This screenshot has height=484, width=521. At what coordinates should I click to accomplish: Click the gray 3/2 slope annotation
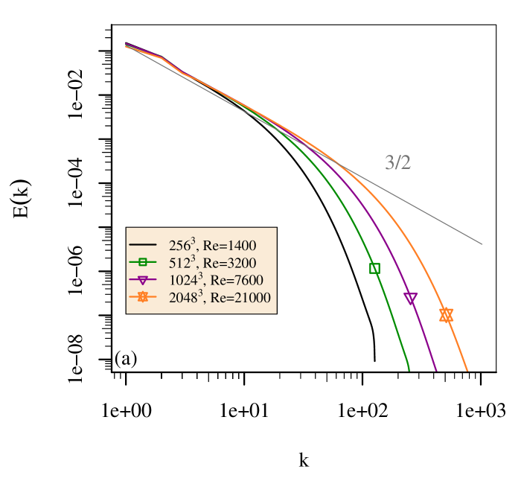pyautogui.click(x=397, y=163)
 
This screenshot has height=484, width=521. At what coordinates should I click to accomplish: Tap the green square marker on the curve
pyautogui.click(x=374, y=268)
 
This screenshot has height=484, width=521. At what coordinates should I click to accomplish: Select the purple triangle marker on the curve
pyautogui.click(x=410, y=298)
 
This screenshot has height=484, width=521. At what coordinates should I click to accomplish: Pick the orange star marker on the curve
pyautogui.click(x=446, y=315)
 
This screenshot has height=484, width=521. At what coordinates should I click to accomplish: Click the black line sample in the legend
pyautogui.click(x=142, y=245)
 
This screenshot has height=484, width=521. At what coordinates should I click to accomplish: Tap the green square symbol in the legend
pyautogui.click(x=142, y=262)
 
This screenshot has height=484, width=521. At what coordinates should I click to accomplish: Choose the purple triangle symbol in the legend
pyautogui.click(x=142, y=280)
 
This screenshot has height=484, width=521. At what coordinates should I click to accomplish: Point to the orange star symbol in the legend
pyautogui.click(x=142, y=297)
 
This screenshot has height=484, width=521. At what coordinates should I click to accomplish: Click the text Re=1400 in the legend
pyautogui.click(x=229, y=246)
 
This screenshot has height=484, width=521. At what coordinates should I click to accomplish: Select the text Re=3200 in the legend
pyautogui.click(x=229, y=263)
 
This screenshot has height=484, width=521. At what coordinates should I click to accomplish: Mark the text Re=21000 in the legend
pyautogui.click(x=240, y=298)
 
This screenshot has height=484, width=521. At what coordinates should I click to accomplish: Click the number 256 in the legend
pyautogui.click(x=179, y=246)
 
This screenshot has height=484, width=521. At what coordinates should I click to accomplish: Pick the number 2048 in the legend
pyautogui.click(x=182, y=298)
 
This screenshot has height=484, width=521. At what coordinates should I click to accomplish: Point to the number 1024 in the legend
pyautogui.click(x=182, y=281)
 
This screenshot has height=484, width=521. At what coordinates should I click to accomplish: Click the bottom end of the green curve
pyautogui.click(x=409, y=369)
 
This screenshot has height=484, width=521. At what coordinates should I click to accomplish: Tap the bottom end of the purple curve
pyautogui.click(x=436, y=369)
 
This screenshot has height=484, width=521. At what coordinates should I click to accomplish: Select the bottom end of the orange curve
pyautogui.click(x=467, y=369)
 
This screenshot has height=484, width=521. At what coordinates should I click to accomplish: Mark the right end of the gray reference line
pyautogui.click(x=482, y=243)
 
